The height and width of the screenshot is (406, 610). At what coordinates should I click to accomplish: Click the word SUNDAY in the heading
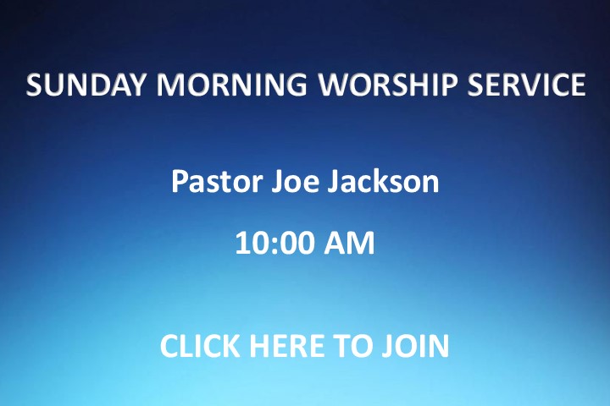coord(85,85)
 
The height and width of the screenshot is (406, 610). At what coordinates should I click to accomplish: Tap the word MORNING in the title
coord(232,85)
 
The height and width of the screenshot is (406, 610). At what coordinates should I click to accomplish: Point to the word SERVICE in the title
coord(526,85)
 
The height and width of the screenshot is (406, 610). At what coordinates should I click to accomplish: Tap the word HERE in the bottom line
coord(286,345)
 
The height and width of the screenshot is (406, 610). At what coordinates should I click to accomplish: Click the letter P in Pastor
coord(179,181)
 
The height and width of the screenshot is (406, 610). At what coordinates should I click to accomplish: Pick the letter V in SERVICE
coord(521,85)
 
